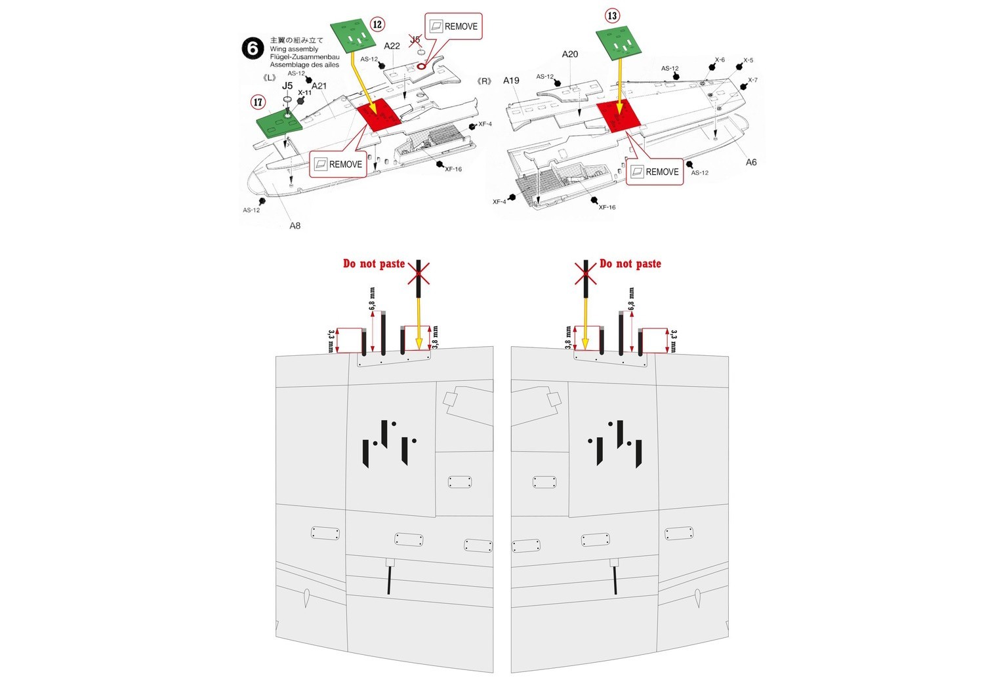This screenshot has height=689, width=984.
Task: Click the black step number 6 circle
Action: tap(253, 49)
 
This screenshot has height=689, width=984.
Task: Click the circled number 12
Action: tap(377, 24)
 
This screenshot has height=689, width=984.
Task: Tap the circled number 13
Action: tap(612, 16)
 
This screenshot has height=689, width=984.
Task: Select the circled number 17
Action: tap(258, 102)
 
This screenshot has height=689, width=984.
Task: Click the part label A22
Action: tap(392, 46)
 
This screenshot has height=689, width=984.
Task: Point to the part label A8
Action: tap(295, 226)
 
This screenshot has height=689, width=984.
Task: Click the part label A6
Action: tap(751, 162)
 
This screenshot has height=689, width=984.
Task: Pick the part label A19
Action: tap(511, 81)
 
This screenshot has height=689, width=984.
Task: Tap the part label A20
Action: tap(570, 54)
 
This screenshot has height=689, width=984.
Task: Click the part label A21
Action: tap(319, 86)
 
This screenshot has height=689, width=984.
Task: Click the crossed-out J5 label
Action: tap(415, 40)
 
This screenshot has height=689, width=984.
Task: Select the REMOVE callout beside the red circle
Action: tap(453, 26)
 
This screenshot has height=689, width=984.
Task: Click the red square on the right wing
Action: tap(618, 116)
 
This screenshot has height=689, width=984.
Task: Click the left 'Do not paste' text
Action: tap(374, 264)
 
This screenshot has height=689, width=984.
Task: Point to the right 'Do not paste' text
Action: tap(630, 264)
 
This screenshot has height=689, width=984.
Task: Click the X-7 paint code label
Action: tap(752, 80)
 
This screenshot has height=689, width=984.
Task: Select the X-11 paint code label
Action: tap(305, 93)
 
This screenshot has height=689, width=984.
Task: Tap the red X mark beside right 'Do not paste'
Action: tap(585, 273)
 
